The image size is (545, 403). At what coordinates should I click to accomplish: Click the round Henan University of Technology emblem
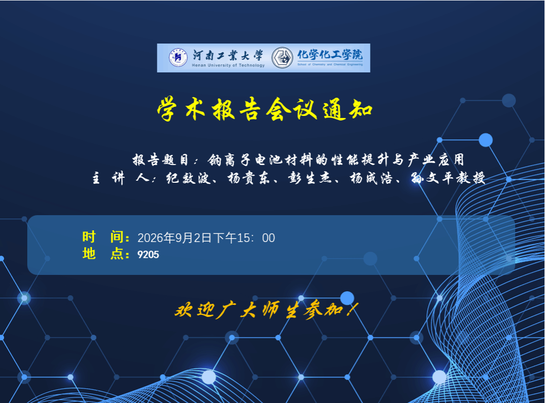click(x=178, y=57)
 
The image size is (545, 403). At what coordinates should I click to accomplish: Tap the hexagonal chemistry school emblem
click(x=282, y=58)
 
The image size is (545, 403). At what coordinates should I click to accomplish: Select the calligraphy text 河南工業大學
click(x=228, y=55)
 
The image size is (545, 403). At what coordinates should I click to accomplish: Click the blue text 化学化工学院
click(x=330, y=55)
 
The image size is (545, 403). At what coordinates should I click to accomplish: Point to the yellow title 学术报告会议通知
click(x=265, y=109)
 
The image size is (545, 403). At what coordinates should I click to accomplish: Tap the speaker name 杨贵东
click(x=249, y=178)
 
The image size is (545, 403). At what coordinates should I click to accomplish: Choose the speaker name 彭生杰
click(x=309, y=178)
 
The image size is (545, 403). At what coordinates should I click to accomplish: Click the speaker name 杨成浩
click(x=371, y=178)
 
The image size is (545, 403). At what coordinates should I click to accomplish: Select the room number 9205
click(x=149, y=255)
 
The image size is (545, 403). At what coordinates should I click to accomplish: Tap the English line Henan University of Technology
click(x=229, y=65)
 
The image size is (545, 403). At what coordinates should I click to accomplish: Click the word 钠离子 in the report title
click(x=229, y=160)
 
